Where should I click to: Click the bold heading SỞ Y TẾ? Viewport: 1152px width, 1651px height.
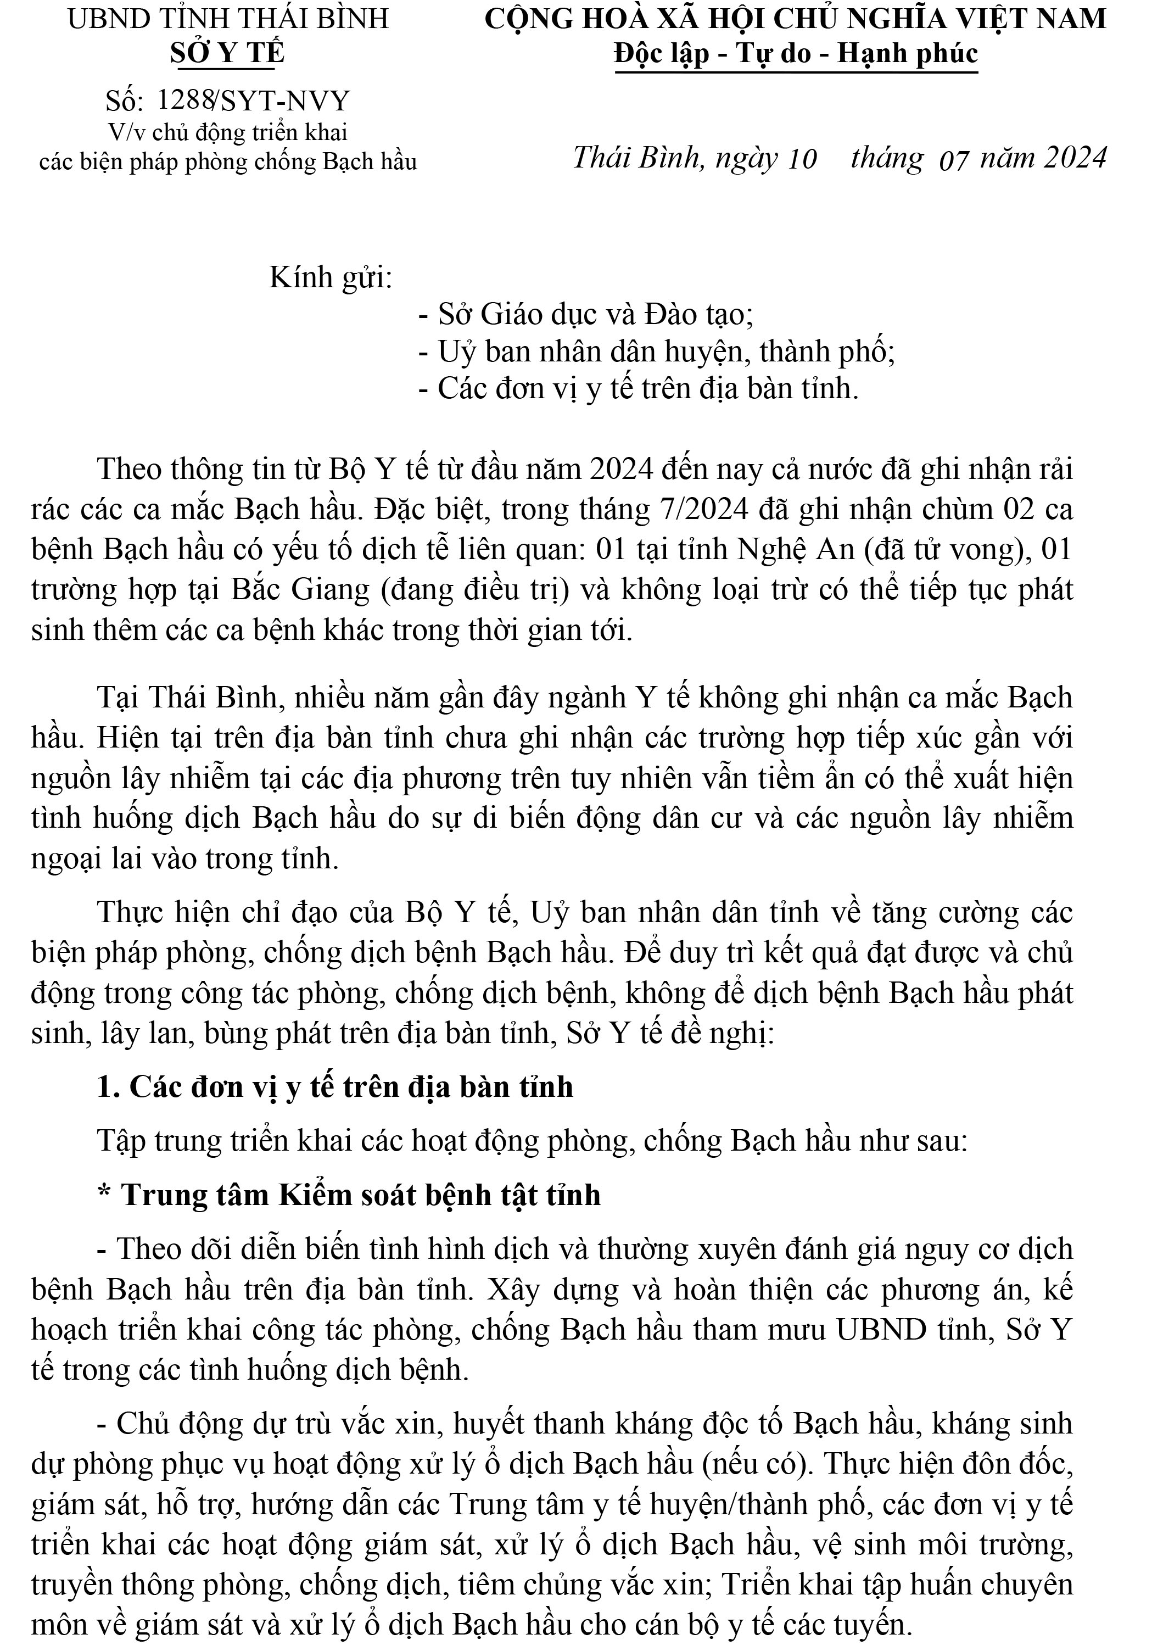[x=227, y=53]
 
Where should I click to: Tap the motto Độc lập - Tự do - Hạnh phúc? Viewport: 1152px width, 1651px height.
[x=796, y=54]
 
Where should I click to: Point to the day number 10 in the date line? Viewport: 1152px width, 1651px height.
[x=802, y=159]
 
